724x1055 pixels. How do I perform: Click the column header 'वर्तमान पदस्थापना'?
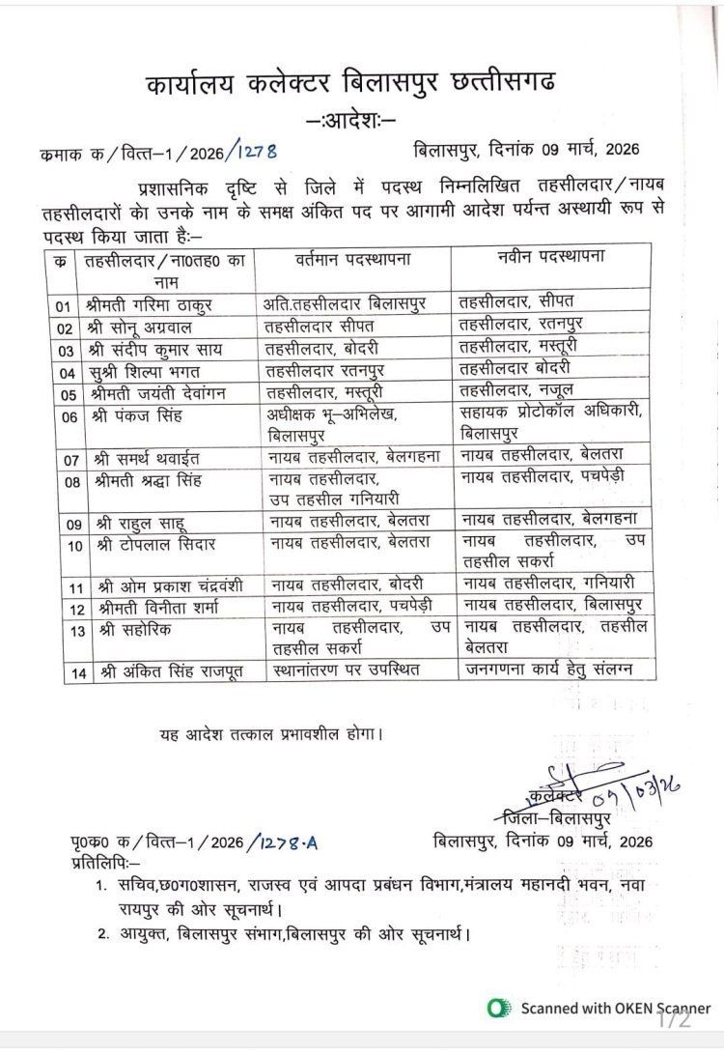click(x=353, y=259)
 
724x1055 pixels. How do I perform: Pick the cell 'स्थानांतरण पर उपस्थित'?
click(x=345, y=670)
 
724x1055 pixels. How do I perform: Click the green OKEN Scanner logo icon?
click(x=498, y=1009)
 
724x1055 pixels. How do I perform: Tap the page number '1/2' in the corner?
click(x=675, y=1019)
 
